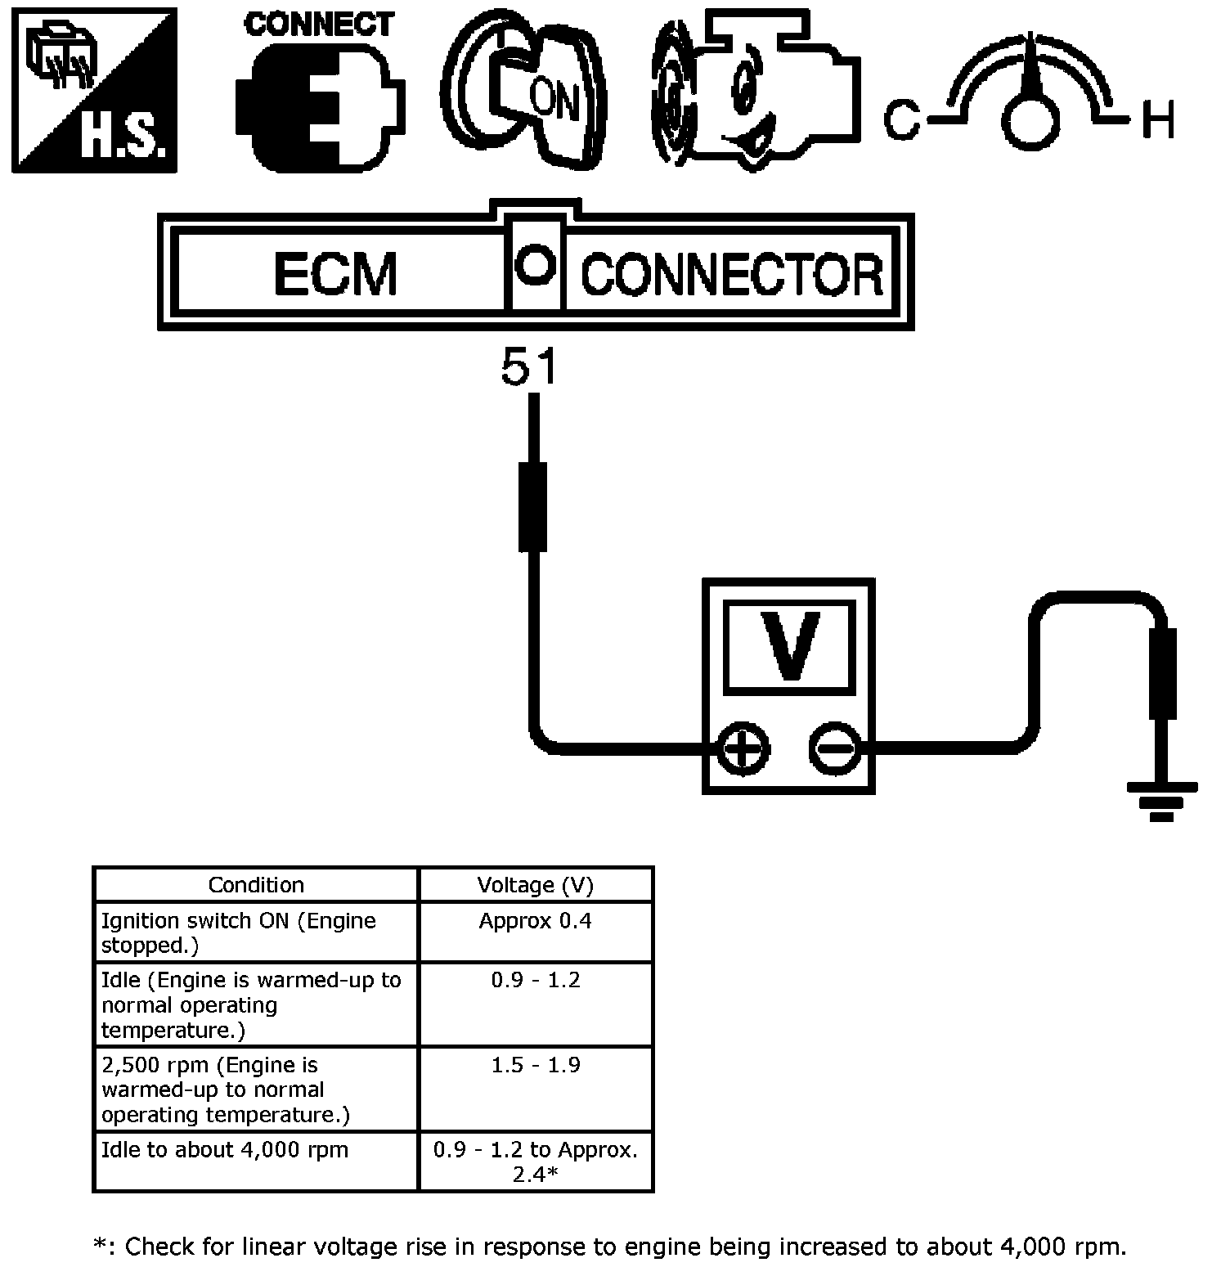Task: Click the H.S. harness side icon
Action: pos(94,90)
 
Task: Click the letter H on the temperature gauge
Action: pos(1158,120)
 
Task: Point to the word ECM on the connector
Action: pos(335,274)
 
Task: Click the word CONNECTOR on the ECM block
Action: pos(732,275)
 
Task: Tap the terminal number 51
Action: pos(529,366)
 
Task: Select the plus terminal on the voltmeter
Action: pos(743,748)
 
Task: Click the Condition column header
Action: pos(256,885)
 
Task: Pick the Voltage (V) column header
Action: pos(536,885)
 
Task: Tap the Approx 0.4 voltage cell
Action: pos(536,921)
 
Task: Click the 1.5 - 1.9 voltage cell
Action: pos(536,1065)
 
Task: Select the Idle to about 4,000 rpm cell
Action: pos(225,1150)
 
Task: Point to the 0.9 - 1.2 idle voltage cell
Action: pos(536,980)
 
